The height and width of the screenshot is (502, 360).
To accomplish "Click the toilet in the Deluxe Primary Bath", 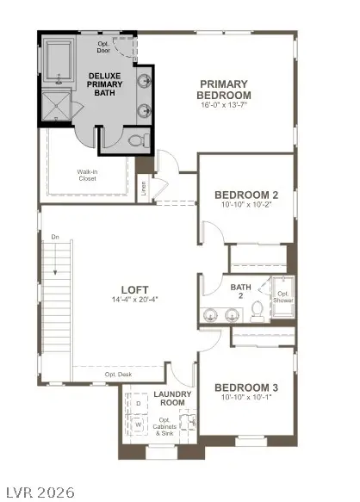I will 136,139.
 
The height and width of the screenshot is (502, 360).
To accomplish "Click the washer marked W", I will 139,425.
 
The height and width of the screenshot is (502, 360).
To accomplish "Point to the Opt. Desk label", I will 120,375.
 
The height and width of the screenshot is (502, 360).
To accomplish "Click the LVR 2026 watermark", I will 39,492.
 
